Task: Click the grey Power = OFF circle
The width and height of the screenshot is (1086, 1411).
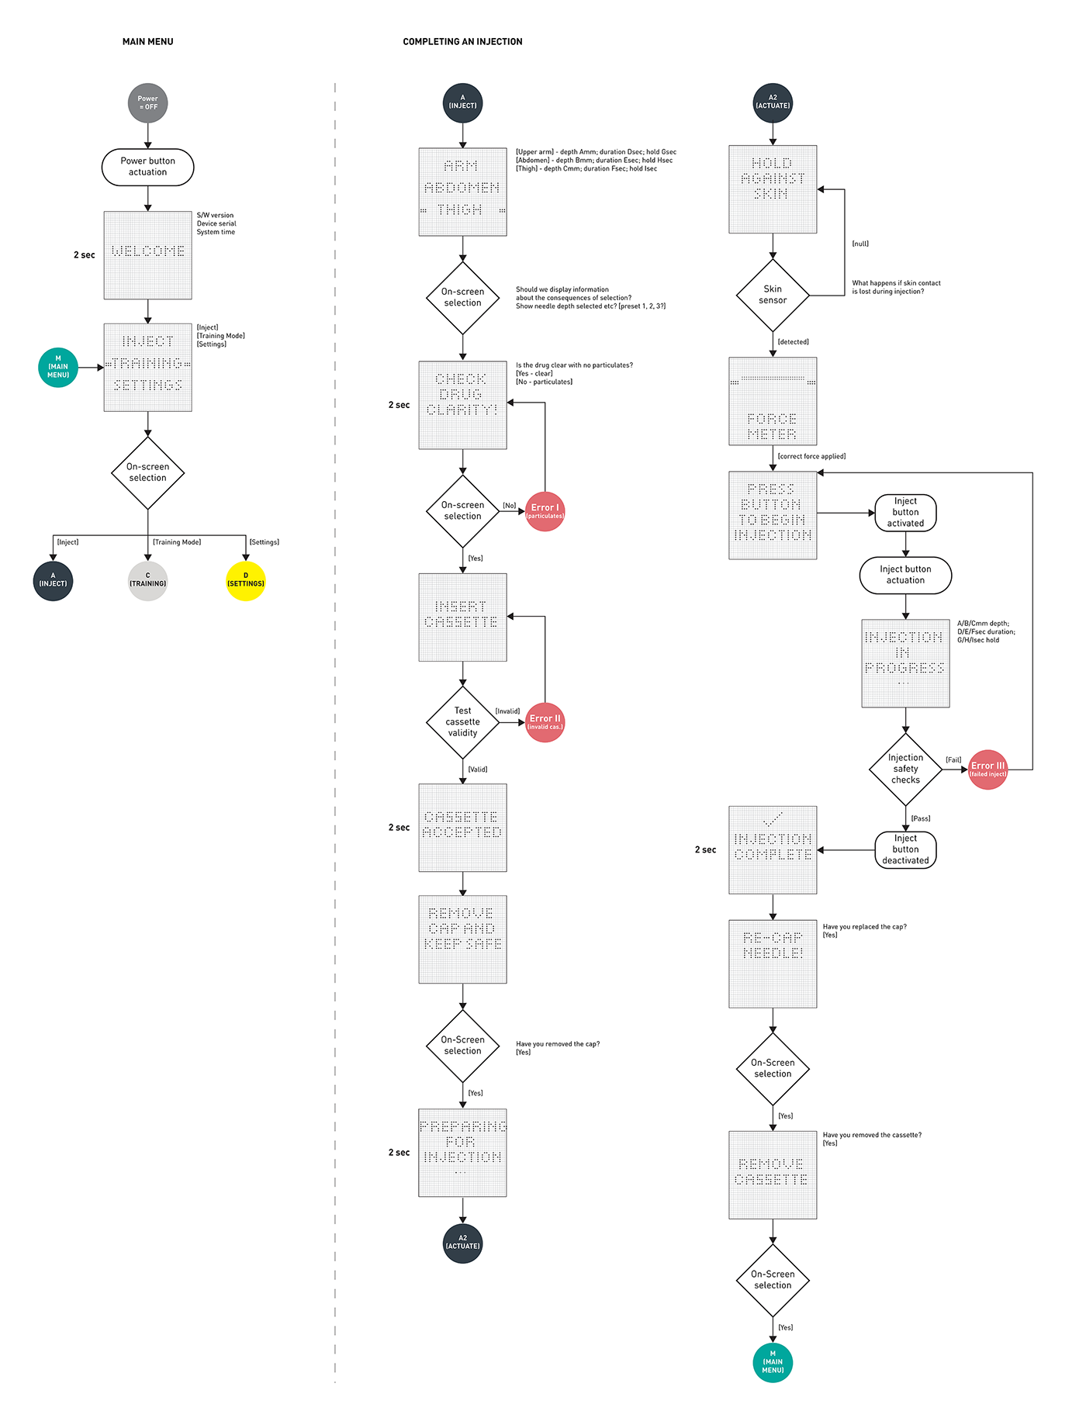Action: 147,103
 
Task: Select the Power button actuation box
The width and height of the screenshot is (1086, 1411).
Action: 147,167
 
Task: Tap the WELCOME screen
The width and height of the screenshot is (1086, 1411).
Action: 147,255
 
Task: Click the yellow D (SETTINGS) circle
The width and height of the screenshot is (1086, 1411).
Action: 245,581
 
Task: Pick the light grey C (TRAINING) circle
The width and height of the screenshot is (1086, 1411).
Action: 147,581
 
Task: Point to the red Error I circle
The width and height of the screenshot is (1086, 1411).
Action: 545,511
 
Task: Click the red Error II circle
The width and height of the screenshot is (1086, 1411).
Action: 545,722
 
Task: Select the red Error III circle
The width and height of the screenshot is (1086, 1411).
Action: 987,769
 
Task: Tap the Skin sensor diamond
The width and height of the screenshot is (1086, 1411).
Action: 773,295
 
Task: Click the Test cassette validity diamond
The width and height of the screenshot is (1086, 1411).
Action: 462,722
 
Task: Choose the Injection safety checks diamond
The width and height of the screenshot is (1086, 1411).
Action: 905,769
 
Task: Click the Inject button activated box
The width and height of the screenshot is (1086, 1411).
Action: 905,513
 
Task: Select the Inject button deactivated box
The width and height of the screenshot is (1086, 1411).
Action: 905,850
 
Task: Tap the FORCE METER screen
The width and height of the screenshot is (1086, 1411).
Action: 773,401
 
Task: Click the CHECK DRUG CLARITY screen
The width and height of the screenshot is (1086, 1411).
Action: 462,405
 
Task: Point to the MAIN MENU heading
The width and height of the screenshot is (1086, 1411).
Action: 147,42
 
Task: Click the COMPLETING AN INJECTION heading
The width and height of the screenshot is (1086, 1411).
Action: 462,42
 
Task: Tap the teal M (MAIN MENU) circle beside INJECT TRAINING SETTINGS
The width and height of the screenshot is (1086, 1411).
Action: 58,367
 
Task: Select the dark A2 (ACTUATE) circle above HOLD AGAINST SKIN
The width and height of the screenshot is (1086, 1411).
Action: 773,102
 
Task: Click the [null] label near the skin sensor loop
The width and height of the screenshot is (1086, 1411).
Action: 860,244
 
